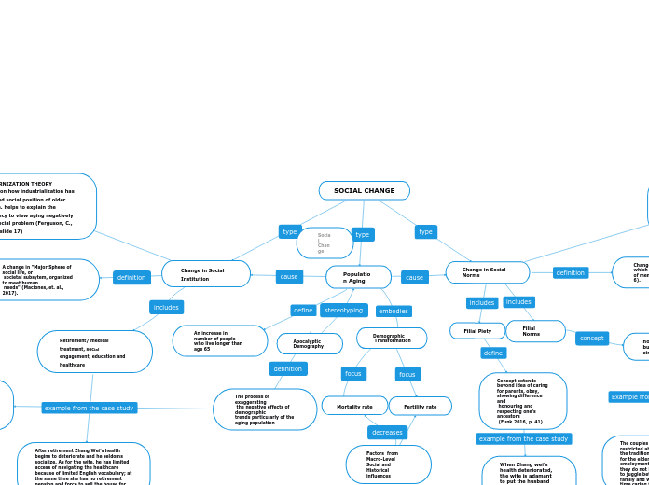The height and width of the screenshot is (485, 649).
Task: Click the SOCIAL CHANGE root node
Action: pyautogui.click(x=364, y=190)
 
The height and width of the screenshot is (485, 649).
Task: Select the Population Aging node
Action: pyautogui.click(x=358, y=277)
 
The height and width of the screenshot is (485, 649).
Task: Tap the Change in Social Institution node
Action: pyautogui.click(x=205, y=274)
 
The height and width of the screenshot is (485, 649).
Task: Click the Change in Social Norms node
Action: pyautogui.click(x=487, y=272)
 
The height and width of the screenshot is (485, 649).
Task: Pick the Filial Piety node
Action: pyautogui.click(x=477, y=331)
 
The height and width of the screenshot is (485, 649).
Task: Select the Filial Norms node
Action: pyautogui.click(x=535, y=331)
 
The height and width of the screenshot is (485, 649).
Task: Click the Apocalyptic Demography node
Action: pyautogui.click(x=310, y=344)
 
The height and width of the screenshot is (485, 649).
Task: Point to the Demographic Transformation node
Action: pyautogui.click(x=392, y=338)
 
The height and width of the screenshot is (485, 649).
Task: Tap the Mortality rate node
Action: pyautogui.click(x=354, y=406)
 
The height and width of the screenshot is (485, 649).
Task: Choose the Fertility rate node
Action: pyautogui.click(x=420, y=406)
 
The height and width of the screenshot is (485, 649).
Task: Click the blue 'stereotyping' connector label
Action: pyautogui.click(x=343, y=310)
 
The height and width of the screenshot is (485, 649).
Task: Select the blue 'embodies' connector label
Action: pyautogui.click(x=394, y=311)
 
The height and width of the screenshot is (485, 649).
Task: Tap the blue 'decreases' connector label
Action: pyautogui.click(x=387, y=433)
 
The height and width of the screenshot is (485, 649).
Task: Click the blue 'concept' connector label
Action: pyautogui.click(x=591, y=338)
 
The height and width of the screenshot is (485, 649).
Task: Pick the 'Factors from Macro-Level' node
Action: pyautogui.click(x=388, y=464)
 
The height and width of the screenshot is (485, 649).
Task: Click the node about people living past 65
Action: pyautogui.click(x=220, y=341)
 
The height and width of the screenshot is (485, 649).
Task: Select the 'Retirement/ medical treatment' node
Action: pyautogui.click(x=94, y=352)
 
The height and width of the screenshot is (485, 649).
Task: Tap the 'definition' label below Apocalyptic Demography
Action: pyautogui.click(x=288, y=368)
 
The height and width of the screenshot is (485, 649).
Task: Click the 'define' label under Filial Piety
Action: pyautogui.click(x=493, y=353)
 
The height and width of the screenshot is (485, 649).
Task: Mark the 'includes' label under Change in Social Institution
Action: pyautogui.click(x=166, y=307)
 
